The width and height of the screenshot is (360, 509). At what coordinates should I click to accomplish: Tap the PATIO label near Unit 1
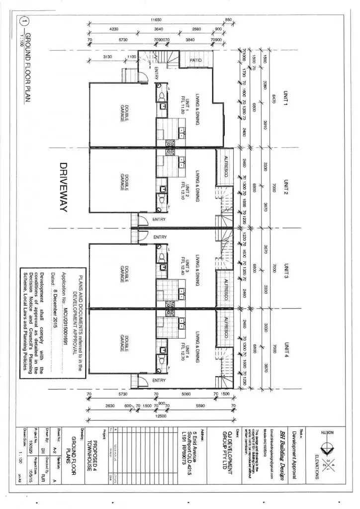point(195,60)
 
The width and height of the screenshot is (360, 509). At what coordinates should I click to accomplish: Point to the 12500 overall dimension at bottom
point(159,416)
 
